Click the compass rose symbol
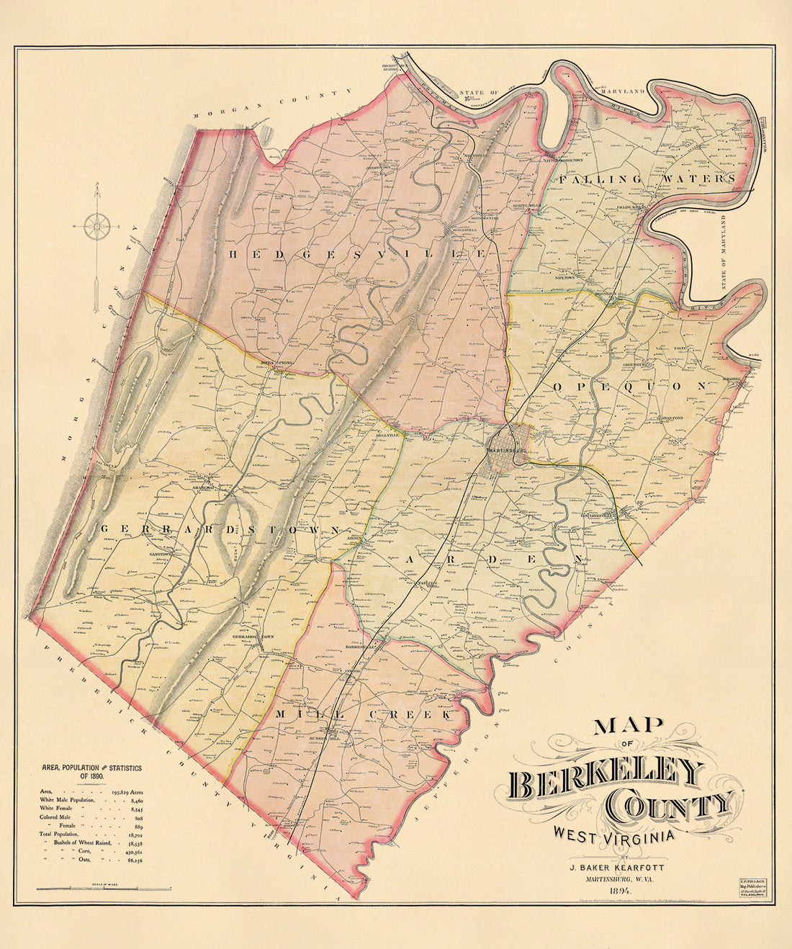coord(96,227)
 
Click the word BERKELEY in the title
coord(605,780)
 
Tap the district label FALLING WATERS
coord(648,179)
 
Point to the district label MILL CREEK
coord(364,714)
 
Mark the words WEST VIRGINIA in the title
coord(614,835)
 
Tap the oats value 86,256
coord(132,860)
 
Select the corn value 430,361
coord(130,851)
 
